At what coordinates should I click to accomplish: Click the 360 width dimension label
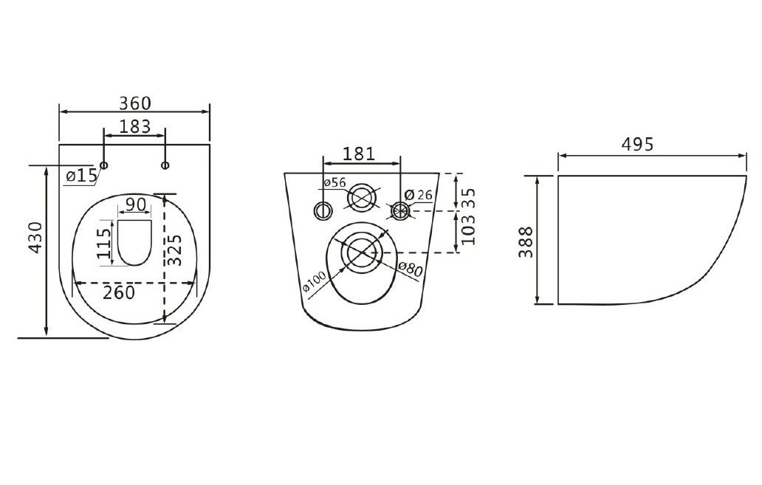135,103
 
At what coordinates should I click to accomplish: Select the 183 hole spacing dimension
134,126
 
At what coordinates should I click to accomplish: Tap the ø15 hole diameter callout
81,176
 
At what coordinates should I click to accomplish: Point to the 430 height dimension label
36,238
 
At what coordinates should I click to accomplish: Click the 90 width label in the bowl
136,204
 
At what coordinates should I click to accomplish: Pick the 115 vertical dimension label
103,244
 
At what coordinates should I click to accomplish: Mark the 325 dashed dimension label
175,250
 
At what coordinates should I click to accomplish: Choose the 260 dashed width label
119,292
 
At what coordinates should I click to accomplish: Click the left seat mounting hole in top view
103,165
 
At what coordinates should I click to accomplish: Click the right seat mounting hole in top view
165,165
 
